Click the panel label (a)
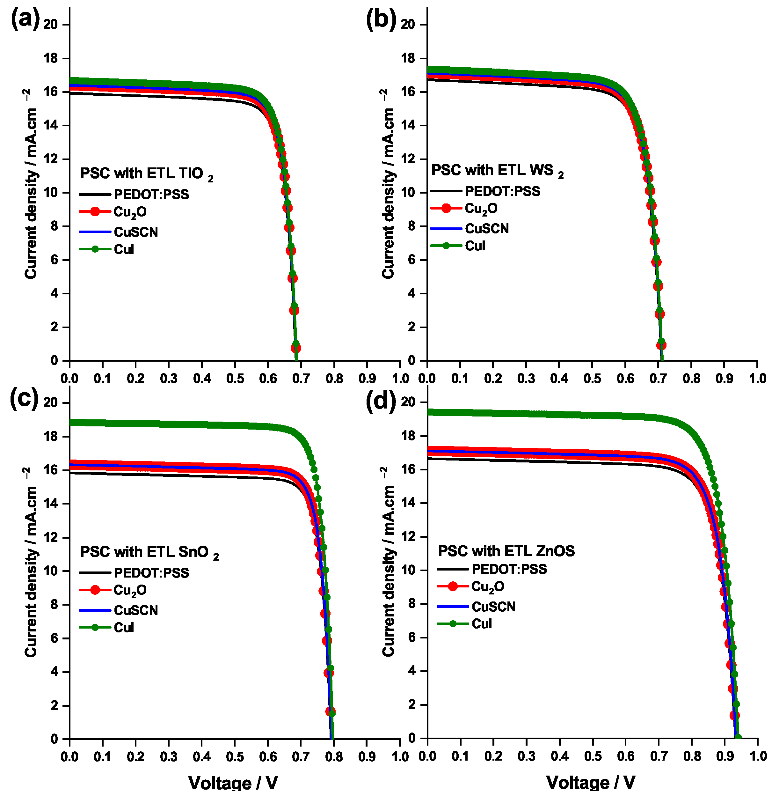pyautogui.click(x=25, y=19)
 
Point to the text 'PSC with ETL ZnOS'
pyautogui.click(x=506, y=551)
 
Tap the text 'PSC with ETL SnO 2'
pyautogui.click(x=149, y=552)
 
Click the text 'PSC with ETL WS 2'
pyautogui.click(x=497, y=170)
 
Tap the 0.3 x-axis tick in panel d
pyautogui.click(x=527, y=756)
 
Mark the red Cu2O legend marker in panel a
pyautogui.click(x=95, y=211)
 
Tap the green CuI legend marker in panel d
pyautogui.click(x=453, y=623)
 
